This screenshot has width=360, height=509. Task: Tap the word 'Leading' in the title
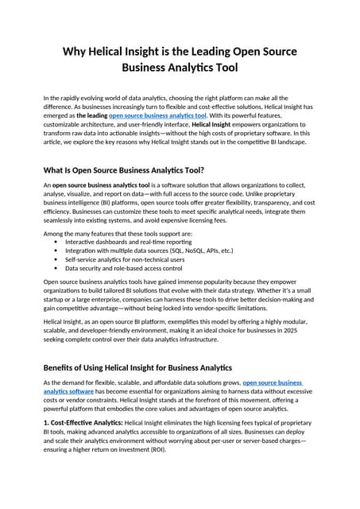pos(204,52)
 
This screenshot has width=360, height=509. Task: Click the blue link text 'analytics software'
pos(74,391)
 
